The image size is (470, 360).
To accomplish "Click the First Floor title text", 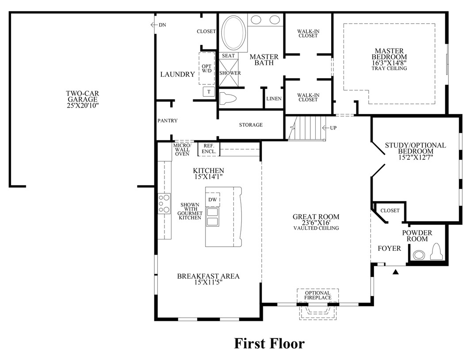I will click(x=269, y=343).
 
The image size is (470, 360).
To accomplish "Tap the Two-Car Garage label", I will click(x=82, y=99).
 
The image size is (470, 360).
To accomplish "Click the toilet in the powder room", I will click(x=436, y=253).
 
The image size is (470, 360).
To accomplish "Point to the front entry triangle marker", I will click(x=396, y=272).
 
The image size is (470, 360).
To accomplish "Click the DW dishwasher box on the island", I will click(x=213, y=200).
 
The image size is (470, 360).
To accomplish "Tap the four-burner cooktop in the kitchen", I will click(x=164, y=204).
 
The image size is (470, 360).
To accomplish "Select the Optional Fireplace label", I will click(x=317, y=295).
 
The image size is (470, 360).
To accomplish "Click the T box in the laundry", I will click(x=208, y=92).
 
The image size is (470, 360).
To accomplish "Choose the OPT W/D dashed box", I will click(x=206, y=68).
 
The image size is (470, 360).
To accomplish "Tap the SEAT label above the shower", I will click(x=228, y=56).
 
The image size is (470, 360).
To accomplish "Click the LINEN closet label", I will click(x=274, y=99).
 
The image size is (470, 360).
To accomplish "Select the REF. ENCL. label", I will click(x=209, y=149).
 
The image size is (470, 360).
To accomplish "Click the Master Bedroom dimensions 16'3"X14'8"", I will click(x=389, y=63).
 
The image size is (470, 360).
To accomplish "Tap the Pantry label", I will click(x=168, y=121).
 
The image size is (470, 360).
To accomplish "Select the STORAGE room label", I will click(x=251, y=125).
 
